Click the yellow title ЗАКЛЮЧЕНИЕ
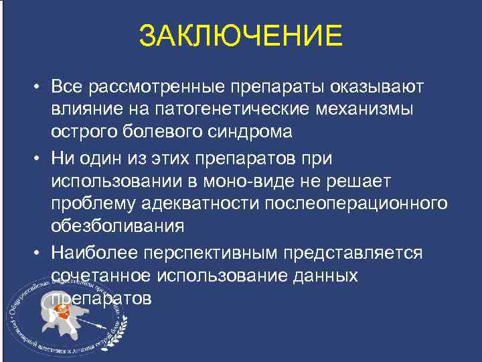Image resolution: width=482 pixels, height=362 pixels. (241, 36)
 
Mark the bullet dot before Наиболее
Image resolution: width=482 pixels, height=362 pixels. (40, 253)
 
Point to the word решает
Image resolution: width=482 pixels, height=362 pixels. (368, 182)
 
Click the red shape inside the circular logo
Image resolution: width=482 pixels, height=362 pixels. (65, 311)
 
